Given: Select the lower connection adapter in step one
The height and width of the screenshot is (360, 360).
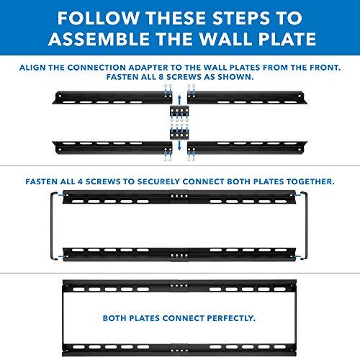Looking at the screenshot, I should coord(180,135).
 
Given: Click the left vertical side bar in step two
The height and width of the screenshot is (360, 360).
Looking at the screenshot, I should coord(51,223).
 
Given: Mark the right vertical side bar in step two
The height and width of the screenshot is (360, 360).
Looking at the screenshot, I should coord(308,223).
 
